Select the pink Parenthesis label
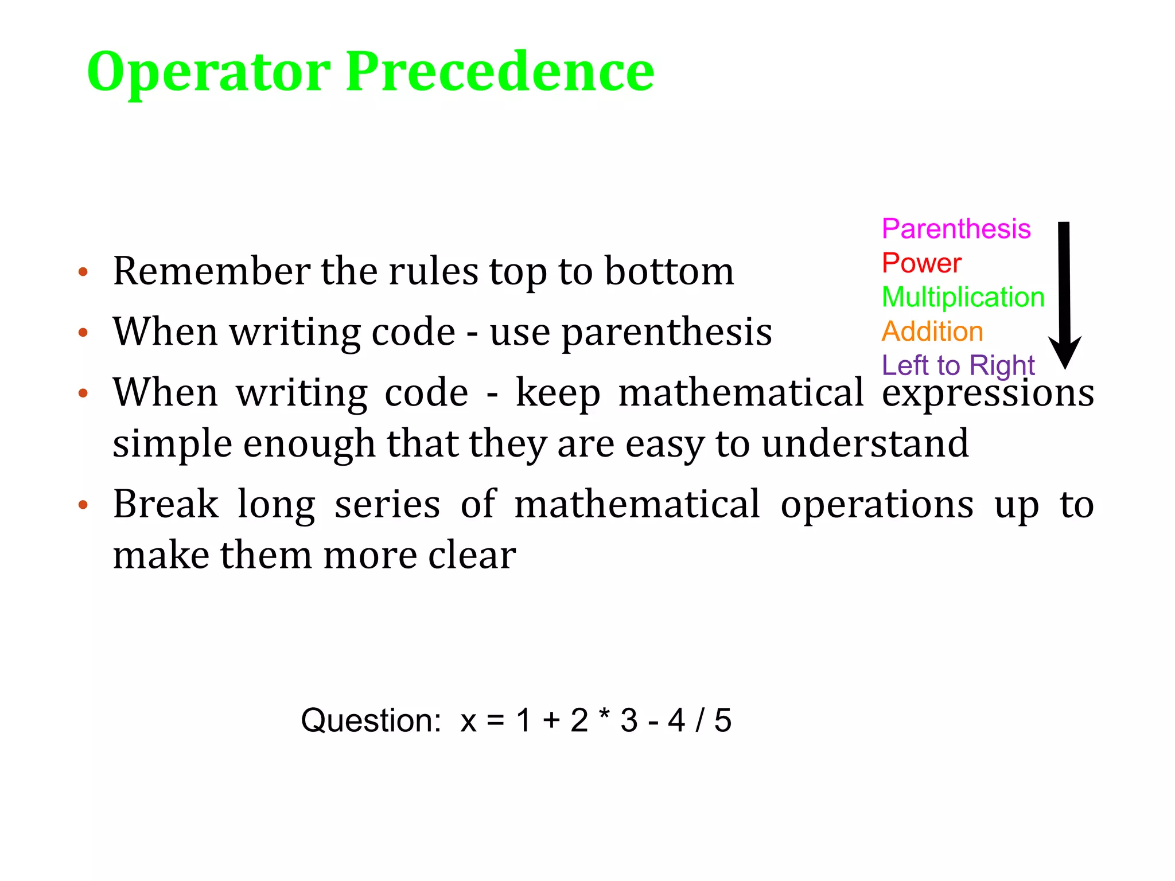pyautogui.click(x=956, y=229)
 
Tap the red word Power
pyautogui.click(x=921, y=263)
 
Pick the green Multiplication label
pyautogui.click(x=963, y=297)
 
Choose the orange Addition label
pyautogui.click(x=932, y=332)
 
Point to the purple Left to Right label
pyautogui.click(x=958, y=365)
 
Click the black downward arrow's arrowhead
pyautogui.click(x=1065, y=351)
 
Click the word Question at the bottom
pyautogui.click(x=371, y=720)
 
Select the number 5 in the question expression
pyautogui.click(x=723, y=720)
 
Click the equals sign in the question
pyautogui.click(x=496, y=721)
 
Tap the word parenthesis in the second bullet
pyautogui.click(x=667, y=333)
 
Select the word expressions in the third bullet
pyautogui.click(x=988, y=393)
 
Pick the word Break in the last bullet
pyautogui.click(x=166, y=505)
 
